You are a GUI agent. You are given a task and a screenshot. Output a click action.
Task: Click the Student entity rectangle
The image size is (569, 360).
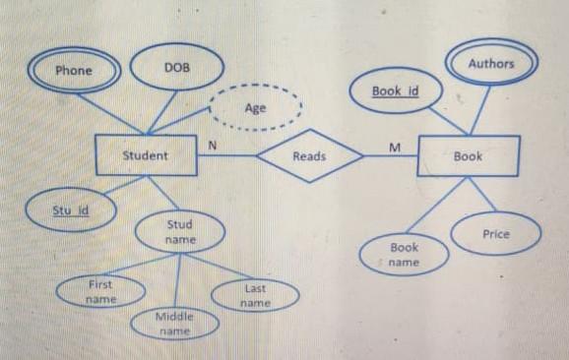[146, 155]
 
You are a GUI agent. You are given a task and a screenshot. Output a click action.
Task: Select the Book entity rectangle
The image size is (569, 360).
[468, 156]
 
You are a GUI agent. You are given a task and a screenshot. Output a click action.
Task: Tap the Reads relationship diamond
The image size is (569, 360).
[309, 156]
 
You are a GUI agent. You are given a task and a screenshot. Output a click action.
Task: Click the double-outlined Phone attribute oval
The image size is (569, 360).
[74, 71]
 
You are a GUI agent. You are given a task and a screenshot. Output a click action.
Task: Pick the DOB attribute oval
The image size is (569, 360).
[177, 68]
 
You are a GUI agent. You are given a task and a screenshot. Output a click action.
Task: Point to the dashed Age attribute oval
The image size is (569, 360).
[255, 108]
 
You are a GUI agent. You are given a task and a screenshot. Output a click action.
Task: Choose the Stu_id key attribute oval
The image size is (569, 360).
[71, 210]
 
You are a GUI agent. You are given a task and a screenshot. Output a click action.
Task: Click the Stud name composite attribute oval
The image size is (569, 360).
[179, 232]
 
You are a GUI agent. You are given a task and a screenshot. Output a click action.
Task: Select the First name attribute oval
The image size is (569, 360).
[100, 290]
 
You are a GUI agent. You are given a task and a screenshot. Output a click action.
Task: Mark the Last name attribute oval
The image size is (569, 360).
[255, 295]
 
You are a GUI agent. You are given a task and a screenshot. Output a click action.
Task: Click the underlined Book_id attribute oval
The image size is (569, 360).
[396, 91]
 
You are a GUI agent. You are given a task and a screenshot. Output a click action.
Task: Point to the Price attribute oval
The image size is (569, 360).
[496, 234]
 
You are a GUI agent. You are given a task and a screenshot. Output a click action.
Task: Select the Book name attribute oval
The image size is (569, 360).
[404, 255]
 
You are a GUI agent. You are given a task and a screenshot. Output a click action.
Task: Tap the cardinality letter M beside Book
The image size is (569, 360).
[395, 148]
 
